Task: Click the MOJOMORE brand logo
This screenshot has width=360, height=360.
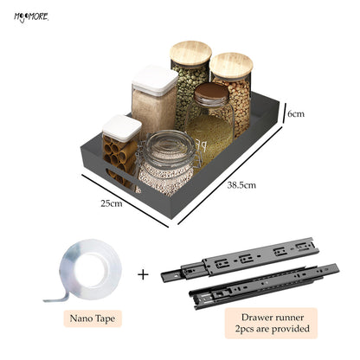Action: pos(31,17)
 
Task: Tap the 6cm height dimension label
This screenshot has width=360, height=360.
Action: pos(296,114)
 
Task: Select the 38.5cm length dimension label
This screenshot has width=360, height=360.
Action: pos(241,185)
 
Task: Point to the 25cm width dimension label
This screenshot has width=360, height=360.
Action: pos(112,203)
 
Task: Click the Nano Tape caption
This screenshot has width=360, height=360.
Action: pos(93,318)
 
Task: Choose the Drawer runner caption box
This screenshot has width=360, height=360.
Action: pos(271,323)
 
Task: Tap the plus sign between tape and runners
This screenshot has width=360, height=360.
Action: pos(143,274)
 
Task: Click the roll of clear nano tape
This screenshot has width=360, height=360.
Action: pos(88,269)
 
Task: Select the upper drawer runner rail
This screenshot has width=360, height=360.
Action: pos(240,259)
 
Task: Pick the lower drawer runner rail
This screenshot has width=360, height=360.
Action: pos(264,286)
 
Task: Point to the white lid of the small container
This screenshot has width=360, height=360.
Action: pos(122,128)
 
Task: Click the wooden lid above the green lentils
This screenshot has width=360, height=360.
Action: pos(190,55)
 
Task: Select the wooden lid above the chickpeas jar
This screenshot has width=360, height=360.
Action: pos(231,66)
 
